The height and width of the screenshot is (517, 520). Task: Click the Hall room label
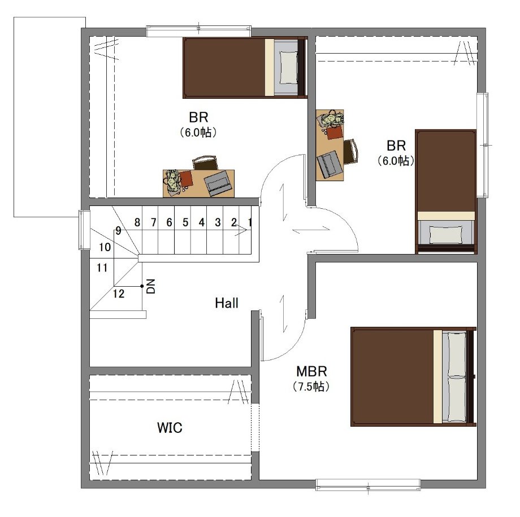pyautogui.click(x=227, y=303)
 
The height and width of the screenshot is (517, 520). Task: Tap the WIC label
pyautogui.click(x=170, y=428)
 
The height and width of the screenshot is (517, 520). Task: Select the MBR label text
pyautogui.click(x=311, y=371)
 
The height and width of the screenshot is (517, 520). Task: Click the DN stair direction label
pyautogui.click(x=151, y=286)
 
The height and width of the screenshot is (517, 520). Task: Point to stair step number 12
pyautogui.click(x=118, y=293)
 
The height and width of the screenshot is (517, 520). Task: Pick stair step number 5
pyautogui.click(x=185, y=222)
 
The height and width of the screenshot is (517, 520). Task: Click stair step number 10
pyautogui.click(x=105, y=247)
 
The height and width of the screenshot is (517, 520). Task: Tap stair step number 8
pyautogui.click(x=137, y=222)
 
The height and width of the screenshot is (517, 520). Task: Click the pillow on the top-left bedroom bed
pyautogui.click(x=288, y=68)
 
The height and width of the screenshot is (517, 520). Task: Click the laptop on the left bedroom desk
pyautogui.click(x=218, y=183)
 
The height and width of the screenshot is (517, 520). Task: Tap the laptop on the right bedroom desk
pyautogui.click(x=328, y=164)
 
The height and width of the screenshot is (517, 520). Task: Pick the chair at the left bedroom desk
pyautogui.click(x=205, y=163)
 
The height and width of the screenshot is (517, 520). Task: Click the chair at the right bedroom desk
pyautogui.click(x=350, y=151)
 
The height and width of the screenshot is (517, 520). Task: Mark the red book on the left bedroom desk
pyautogui.click(x=186, y=178)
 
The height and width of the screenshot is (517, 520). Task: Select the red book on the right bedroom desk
pyautogui.click(x=334, y=133)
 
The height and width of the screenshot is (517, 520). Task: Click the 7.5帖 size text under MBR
pyautogui.click(x=311, y=387)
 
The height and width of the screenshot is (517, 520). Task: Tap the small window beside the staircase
pyautogui.click(x=84, y=230)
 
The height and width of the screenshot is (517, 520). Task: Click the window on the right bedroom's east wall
pyautogui.click(x=483, y=145)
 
